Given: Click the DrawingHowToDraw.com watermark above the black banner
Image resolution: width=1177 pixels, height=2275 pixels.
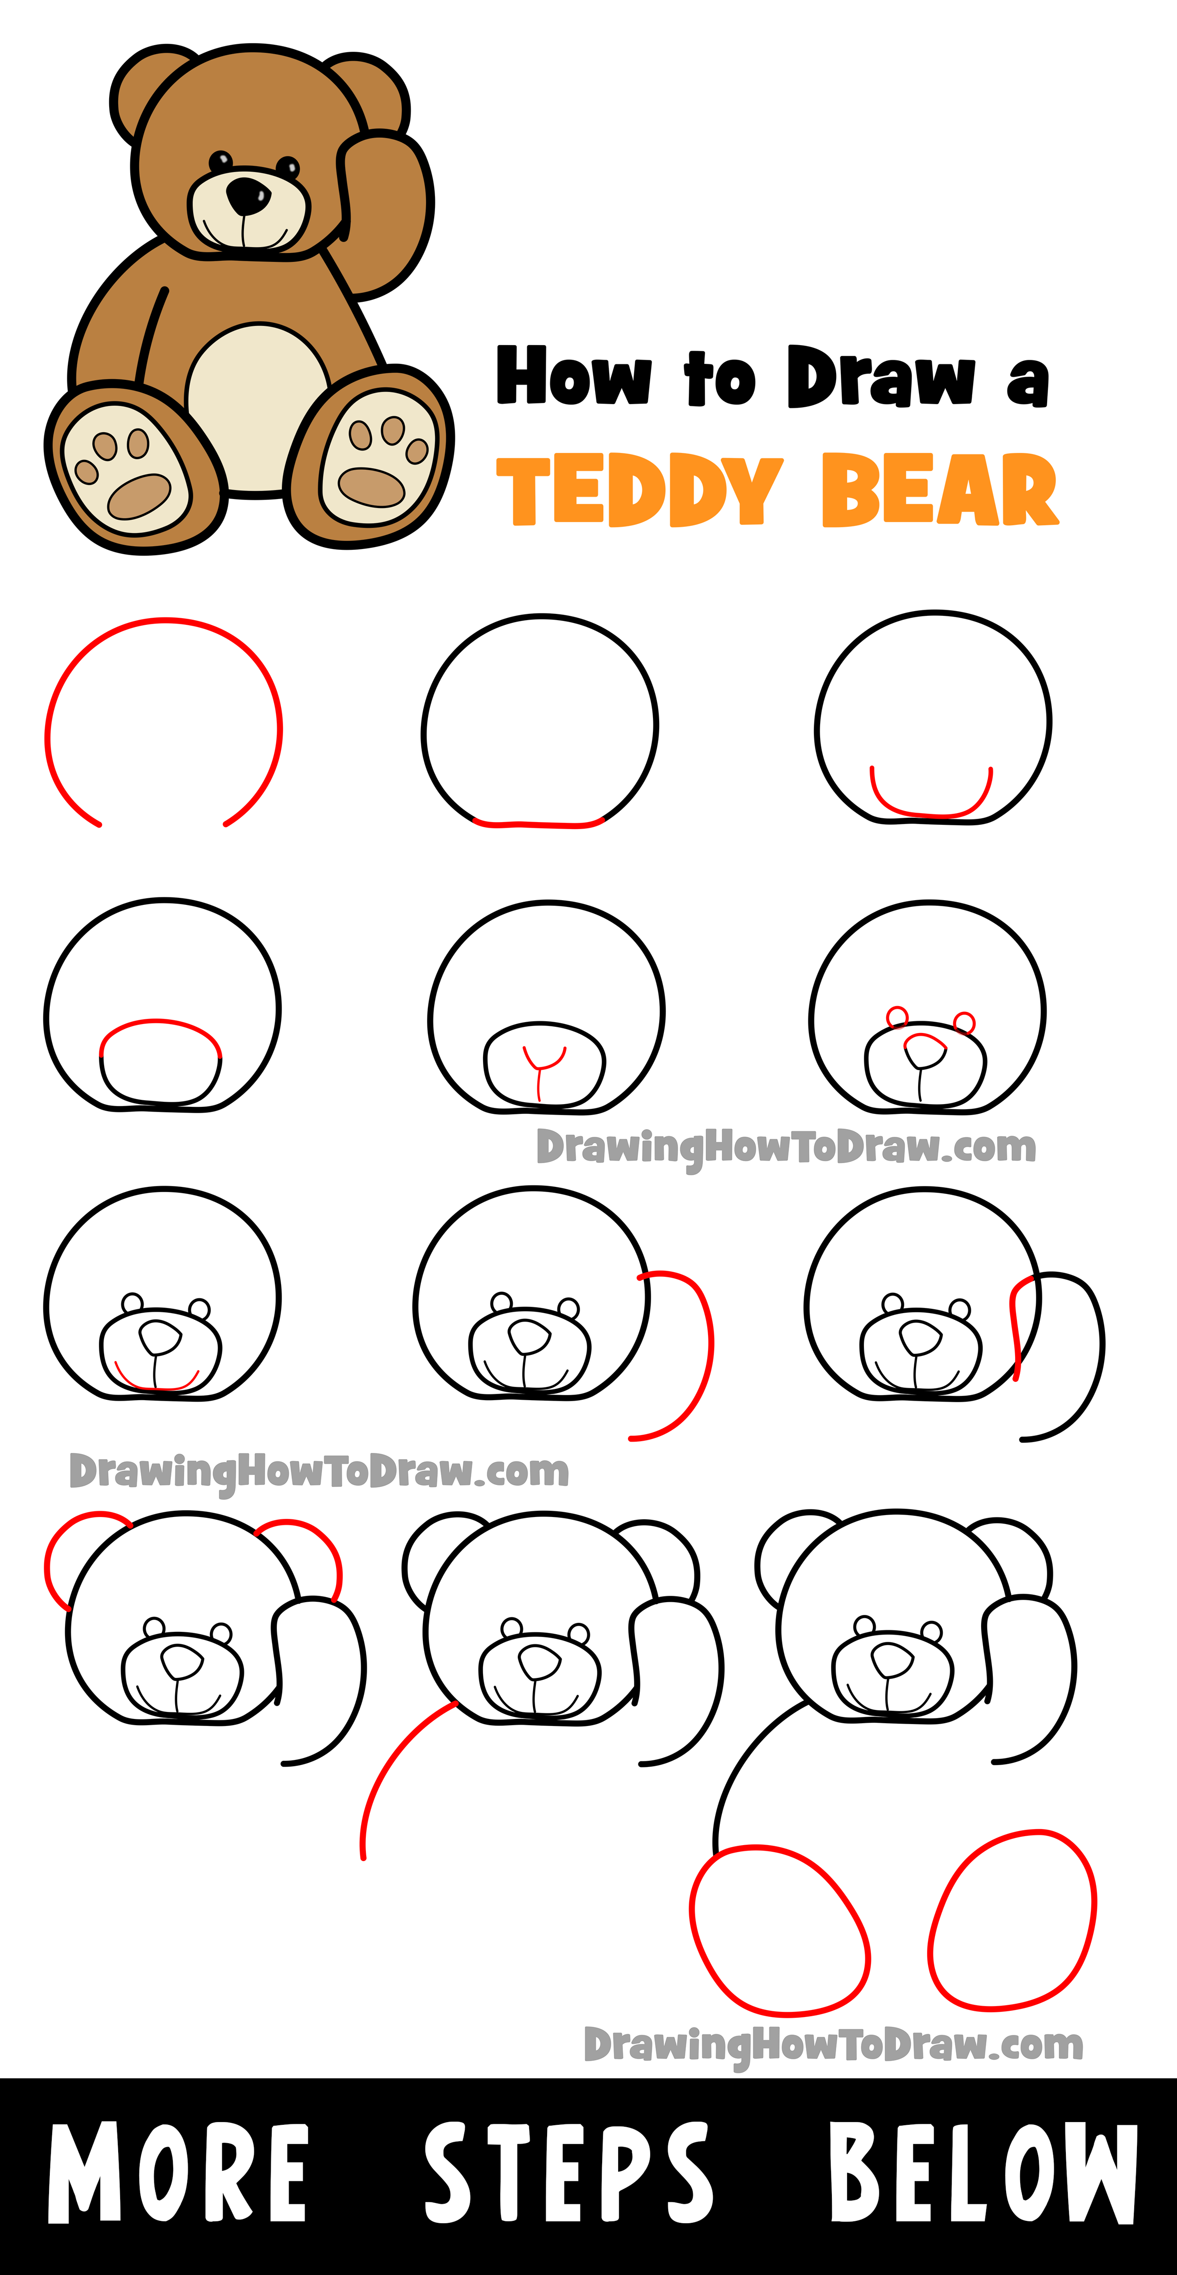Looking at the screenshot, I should coord(833,2044).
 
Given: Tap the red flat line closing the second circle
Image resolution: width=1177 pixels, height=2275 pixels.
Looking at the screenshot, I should coord(539,824).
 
